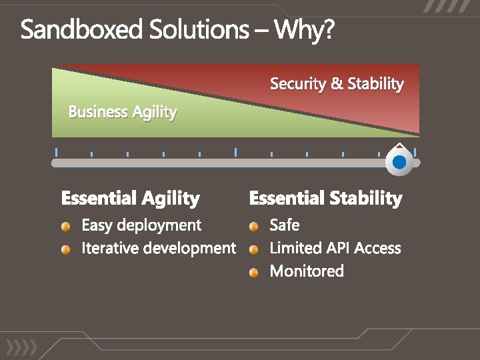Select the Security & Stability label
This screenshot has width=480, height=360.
tap(337, 84)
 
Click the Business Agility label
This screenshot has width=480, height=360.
tap(123, 112)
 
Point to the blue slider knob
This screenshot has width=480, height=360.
tap(399, 162)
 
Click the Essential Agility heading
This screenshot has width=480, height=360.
tap(130, 198)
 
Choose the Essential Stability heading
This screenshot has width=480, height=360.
tap(325, 198)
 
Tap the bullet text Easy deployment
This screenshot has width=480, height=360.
tap(141, 225)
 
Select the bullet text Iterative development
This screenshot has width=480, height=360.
tap(158, 248)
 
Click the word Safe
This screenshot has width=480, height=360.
tap(284, 225)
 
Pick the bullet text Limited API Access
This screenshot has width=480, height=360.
tap(335, 248)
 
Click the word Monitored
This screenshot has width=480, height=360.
tap(307, 271)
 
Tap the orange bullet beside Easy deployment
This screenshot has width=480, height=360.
tap(65, 227)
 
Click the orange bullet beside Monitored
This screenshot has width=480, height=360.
tap(254, 272)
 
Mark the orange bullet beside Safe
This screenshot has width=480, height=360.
tap(254, 227)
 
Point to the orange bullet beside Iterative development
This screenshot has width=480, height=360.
tap(65, 250)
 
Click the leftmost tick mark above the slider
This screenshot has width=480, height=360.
tap(57, 151)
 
